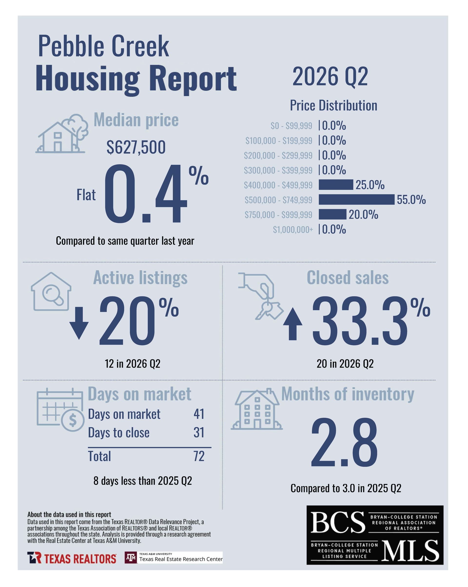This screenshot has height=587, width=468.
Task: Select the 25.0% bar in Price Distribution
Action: pyautogui.click(x=336, y=185)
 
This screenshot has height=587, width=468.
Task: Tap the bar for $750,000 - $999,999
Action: pyautogui.click(x=332, y=214)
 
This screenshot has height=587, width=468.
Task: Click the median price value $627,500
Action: pyautogui.click(x=136, y=147)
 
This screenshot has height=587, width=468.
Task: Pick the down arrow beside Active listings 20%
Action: pyautogui.click(x=79, y=323)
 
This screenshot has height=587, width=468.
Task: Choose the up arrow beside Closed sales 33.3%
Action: pyautogui.click(x=292, y=324)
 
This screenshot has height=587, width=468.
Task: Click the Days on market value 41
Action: pyautogui.click(x=199, y=414)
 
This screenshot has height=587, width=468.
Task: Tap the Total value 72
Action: pyautogui.click(x=199, y=456)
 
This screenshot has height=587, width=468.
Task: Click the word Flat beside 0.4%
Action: pyautogui.click(x=86, y=195)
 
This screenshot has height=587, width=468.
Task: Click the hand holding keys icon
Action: pyautogui.click(x=261, y=296)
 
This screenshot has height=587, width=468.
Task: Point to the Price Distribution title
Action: pyautogui.click(x=333, y=105)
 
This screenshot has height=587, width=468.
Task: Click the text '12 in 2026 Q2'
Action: pyautogui.click(x=133, y=364)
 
